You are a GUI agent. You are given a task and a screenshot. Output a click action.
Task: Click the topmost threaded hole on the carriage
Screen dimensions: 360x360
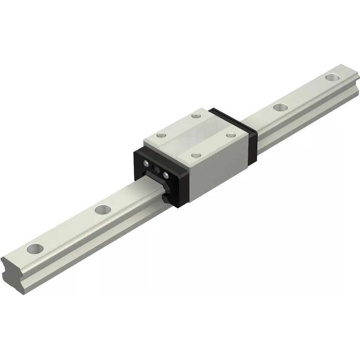[196, 116]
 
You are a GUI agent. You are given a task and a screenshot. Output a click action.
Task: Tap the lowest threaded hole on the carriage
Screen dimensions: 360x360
[195, 156]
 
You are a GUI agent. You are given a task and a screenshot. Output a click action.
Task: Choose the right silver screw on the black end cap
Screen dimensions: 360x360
[166, 176]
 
